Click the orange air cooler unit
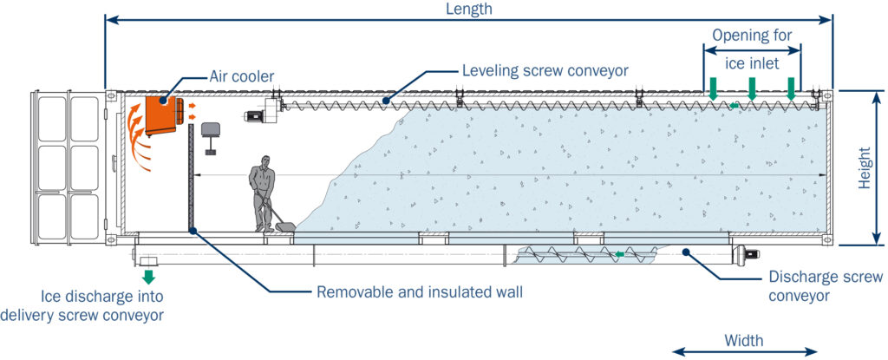[x=161, y=115]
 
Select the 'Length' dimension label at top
[x=468, y=9]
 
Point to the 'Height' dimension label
[x=865, y=167]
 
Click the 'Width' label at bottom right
[x=744, y=340]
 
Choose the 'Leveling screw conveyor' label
[x=544, y=69]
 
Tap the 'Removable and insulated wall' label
[x=420, y=291]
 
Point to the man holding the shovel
[x=262, y=193]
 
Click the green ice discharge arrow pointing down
[x=148, y=278]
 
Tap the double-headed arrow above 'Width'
[x=745, y=352]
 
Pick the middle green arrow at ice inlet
[x=752, y=87]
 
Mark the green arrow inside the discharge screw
[x=619, y=254]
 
